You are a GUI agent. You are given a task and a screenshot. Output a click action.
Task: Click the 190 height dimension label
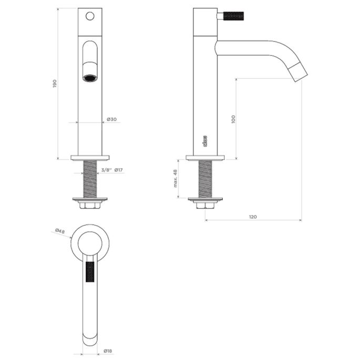click(x=55, y=84)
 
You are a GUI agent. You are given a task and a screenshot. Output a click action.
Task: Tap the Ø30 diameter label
click(x=111, y=119)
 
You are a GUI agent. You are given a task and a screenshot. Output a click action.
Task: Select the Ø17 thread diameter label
click(x=119, y=170)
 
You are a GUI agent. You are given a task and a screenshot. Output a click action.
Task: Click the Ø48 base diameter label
click(x=59, y=231)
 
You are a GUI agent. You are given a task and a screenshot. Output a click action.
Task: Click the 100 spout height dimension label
click(x=233, y=119)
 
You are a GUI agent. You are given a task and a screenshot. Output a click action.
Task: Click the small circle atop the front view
click(x=90, y=16)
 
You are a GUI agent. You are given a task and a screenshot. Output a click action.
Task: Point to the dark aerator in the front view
click(x=90, y=78)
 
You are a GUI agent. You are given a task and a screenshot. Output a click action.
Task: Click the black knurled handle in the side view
click(x=233, y=16)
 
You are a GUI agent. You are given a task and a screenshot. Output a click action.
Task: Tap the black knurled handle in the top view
click(x=90, y=271)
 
